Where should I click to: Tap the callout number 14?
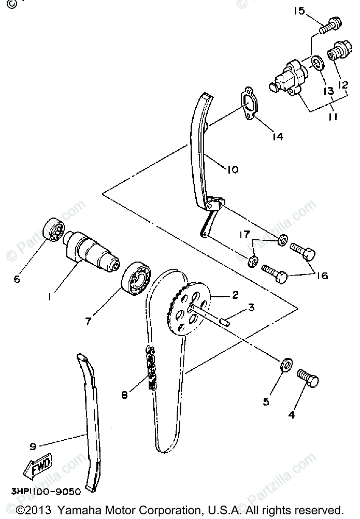click(277, 137)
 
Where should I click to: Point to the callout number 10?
click(233, 169)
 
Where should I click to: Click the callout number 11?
click(333, 117)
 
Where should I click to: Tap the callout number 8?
click(124, 395)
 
